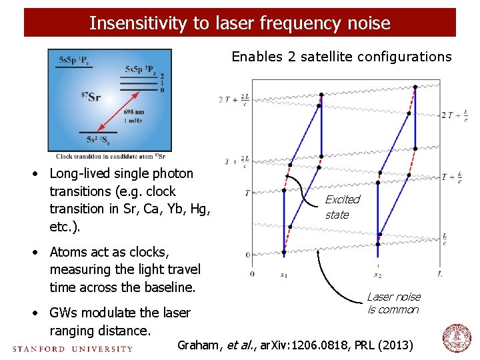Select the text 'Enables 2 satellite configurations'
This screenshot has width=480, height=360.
341,57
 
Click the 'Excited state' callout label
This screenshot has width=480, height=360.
342,207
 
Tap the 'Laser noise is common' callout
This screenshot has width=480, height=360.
393,303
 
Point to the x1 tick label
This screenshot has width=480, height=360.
284,274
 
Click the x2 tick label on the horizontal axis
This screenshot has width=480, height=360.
377,274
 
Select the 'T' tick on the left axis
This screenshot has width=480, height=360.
247,193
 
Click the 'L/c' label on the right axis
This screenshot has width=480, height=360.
445,239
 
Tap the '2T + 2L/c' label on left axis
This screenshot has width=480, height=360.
234,99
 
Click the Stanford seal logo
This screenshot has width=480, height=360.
457,339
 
